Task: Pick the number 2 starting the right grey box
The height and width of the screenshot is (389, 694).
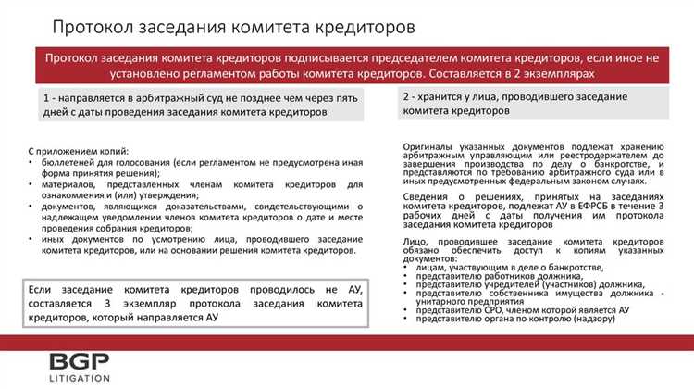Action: [407, 96]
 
